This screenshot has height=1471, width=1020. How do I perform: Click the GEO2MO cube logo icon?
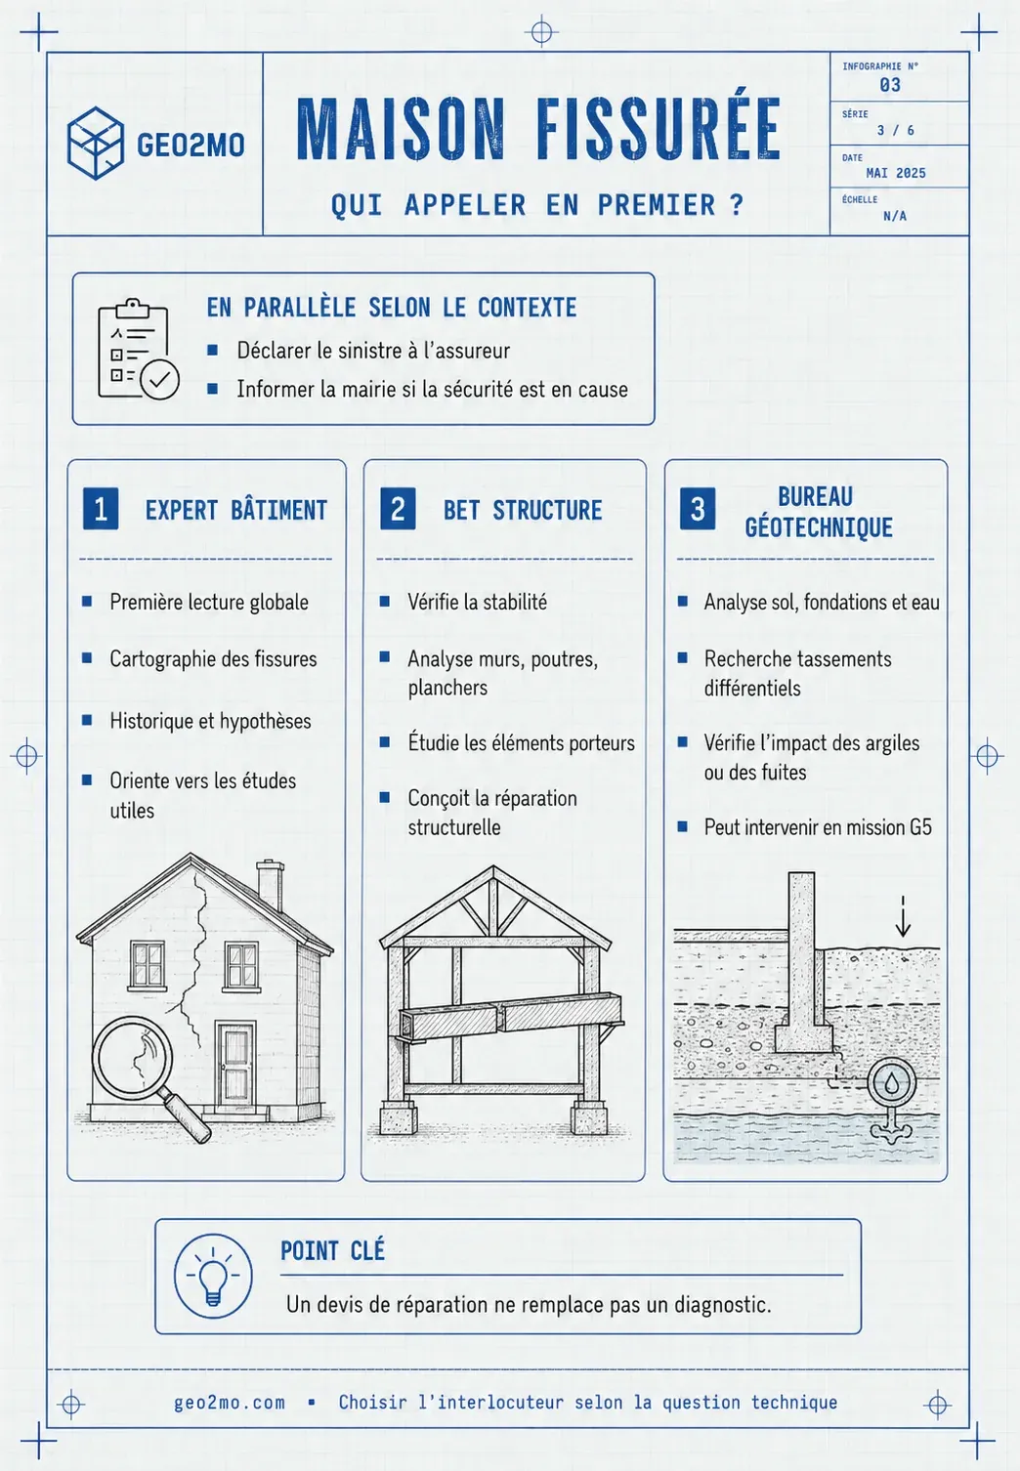pyautogui.click(x=95, y=144)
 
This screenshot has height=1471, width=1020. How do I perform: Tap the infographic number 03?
pyautogui.click(x=890, y=85)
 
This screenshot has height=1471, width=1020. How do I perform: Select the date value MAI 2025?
pyautogui.click(x=896, y=173)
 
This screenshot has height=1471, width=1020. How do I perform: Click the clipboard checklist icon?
pyautogui.click(x=138, y=350)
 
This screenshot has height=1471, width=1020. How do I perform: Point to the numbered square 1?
pyautogui.click(x=101, y=509)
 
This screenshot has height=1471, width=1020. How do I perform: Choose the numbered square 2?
pyautogui.click(x=398, y=509)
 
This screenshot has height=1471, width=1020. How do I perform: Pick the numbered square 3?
pyautogui.click(x=698, y=509)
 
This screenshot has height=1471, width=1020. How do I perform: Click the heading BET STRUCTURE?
pyautogui.click(x=523, y=510)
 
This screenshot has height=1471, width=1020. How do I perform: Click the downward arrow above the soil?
pyautogui.click(x=903, y=916)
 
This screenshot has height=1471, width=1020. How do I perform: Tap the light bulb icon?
pyautogui.click(x=213, y=1276)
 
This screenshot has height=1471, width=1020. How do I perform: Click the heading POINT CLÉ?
pyautogui.click(x=332, y=1251)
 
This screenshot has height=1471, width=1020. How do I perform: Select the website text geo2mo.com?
pyautogui.click(x=230, y=1403)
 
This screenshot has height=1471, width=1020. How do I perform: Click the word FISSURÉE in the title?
pyautogui.click(x=659, y=129)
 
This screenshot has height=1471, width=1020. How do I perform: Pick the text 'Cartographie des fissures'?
pyautogui.click(x=213, y=658)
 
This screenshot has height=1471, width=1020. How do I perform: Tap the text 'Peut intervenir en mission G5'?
pyautogui.click(x=818, y=827)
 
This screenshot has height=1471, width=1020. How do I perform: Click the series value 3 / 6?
pyautogui.click(x=896, y=130)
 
